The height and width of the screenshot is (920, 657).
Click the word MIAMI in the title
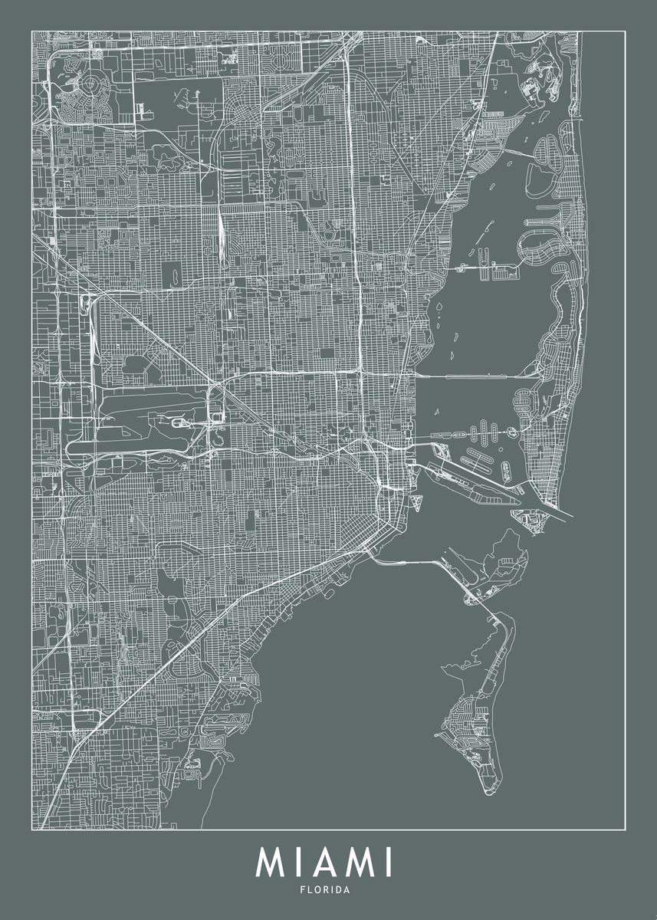click(x=324, y=862)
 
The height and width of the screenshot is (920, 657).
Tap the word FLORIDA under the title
click(x=325, y=890)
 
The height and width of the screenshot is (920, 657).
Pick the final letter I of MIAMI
click(x=389, y=862)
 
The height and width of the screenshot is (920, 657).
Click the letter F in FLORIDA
click(x=302, y=890)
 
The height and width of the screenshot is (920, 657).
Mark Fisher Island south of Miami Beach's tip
click(x=531, y=521)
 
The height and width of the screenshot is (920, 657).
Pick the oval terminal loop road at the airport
click(x=179, y=422)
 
